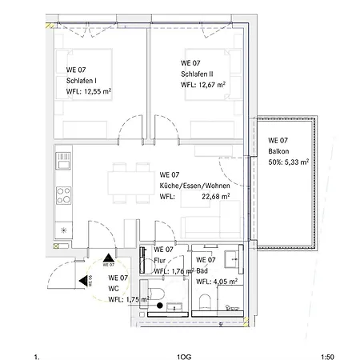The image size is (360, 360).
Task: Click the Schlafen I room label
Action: click(82, 81)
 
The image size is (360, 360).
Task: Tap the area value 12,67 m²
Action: click(212, 85)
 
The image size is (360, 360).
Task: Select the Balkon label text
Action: click(278, 151)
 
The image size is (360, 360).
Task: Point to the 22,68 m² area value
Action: click(216, 197)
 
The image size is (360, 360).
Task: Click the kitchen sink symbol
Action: click(63, 161)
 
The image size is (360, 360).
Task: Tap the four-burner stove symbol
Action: click(64, 195)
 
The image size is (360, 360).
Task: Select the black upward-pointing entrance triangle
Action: click(109, 258)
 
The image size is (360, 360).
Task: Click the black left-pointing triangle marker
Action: click(83, 281)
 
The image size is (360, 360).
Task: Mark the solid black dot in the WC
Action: click(160, 306)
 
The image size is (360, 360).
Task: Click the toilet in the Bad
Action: click(205, 302)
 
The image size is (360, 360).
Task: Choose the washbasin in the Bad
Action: click(231, 259)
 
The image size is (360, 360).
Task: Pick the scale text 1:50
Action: click(327, 357)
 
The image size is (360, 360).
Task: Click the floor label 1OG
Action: click(184, 357)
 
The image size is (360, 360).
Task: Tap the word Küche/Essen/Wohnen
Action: click(194, 186)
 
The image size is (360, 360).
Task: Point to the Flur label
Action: click(160, 260)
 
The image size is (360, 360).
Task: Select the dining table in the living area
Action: click(131, 183)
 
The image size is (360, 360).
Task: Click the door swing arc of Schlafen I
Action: click(126, 121)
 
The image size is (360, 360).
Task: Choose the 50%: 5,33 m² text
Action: click(289, 162)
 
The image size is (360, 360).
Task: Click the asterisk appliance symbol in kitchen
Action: click(63, 230)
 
